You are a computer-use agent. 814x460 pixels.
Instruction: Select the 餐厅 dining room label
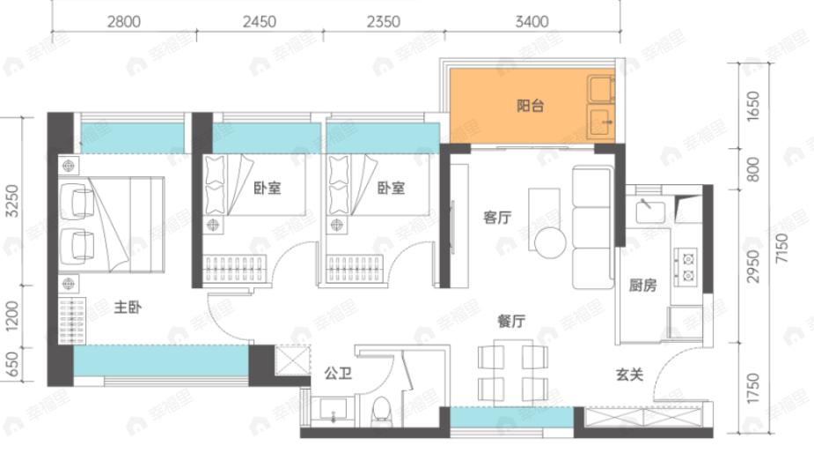point(510,323)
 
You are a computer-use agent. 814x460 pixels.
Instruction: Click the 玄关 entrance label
point(629,375)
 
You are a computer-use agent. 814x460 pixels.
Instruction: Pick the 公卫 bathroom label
point(338,374)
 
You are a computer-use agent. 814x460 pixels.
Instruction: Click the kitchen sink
point(649,209)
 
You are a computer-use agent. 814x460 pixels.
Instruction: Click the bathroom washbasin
point(333,411)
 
